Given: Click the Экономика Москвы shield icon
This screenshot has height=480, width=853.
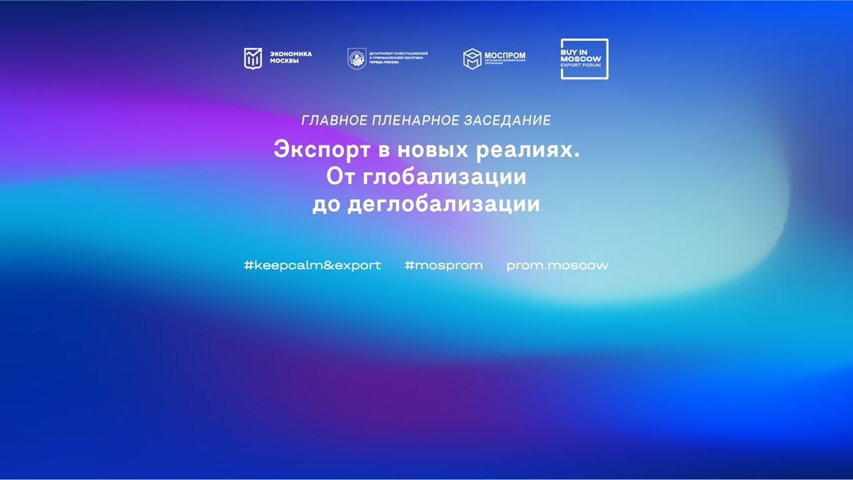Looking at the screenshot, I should pyautogui.click(x=253, y=59).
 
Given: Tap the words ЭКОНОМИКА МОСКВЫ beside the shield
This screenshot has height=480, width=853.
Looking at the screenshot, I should pyautogui.click(x=291, y=58).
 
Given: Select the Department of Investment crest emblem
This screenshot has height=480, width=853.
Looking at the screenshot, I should pyautogui.click(x=357, y=59).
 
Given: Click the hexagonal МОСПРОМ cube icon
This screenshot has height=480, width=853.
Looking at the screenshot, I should pyautogui.click(x=472, y=59).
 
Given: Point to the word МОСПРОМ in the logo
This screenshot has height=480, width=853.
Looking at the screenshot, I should pyautogui.click(x=505, y=55).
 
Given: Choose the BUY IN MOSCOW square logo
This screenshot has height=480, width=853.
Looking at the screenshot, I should pyautogui.click(x=584, y=59).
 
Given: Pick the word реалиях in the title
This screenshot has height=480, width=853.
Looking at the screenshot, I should pyautogui.click(x=526, y=150).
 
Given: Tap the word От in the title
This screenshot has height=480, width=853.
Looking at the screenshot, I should pyautogui.click(x=339, y=177).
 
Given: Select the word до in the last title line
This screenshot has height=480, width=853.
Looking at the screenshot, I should pyautogui.click(x=327, y=204).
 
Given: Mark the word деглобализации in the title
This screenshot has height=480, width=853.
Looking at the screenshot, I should pyautogui.click(x=444, y=204).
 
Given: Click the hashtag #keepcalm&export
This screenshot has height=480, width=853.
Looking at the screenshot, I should pyautogui.click(x=313, y=265).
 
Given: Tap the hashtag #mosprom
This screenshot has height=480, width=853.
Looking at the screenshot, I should pyautogui.click(x=443, y=265).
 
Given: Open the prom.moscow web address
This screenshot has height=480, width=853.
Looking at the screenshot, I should pyautogui.click(x=557, y=265).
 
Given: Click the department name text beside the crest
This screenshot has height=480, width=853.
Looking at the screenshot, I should pyautogui.click(x=399, y=57).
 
